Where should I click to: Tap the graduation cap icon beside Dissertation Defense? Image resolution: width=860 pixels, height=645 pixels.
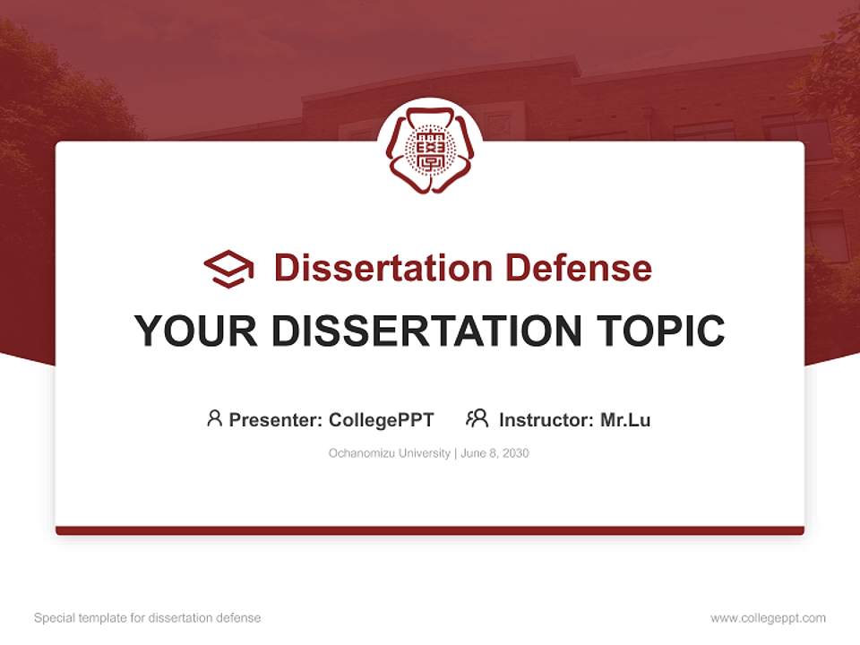[x=228, y=268]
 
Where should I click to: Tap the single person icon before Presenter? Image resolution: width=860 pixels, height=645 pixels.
[x=214, y=418]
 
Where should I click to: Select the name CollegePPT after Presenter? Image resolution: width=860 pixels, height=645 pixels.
[x=382, y=419]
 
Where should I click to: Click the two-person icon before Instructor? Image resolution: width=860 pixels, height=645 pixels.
[x=477, y=418]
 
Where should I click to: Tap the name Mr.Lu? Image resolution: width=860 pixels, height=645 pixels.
[x=625, y=419]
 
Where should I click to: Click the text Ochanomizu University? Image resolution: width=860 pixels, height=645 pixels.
[x=390, y=453]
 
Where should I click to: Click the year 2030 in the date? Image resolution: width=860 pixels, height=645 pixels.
[x=515, y=453]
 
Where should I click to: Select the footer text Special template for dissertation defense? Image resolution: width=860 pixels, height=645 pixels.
[x=147, y=618]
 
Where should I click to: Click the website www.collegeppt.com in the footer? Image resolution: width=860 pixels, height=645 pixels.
[x=768, y=618]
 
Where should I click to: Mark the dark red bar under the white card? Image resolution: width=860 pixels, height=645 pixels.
[x=430, y=530]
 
